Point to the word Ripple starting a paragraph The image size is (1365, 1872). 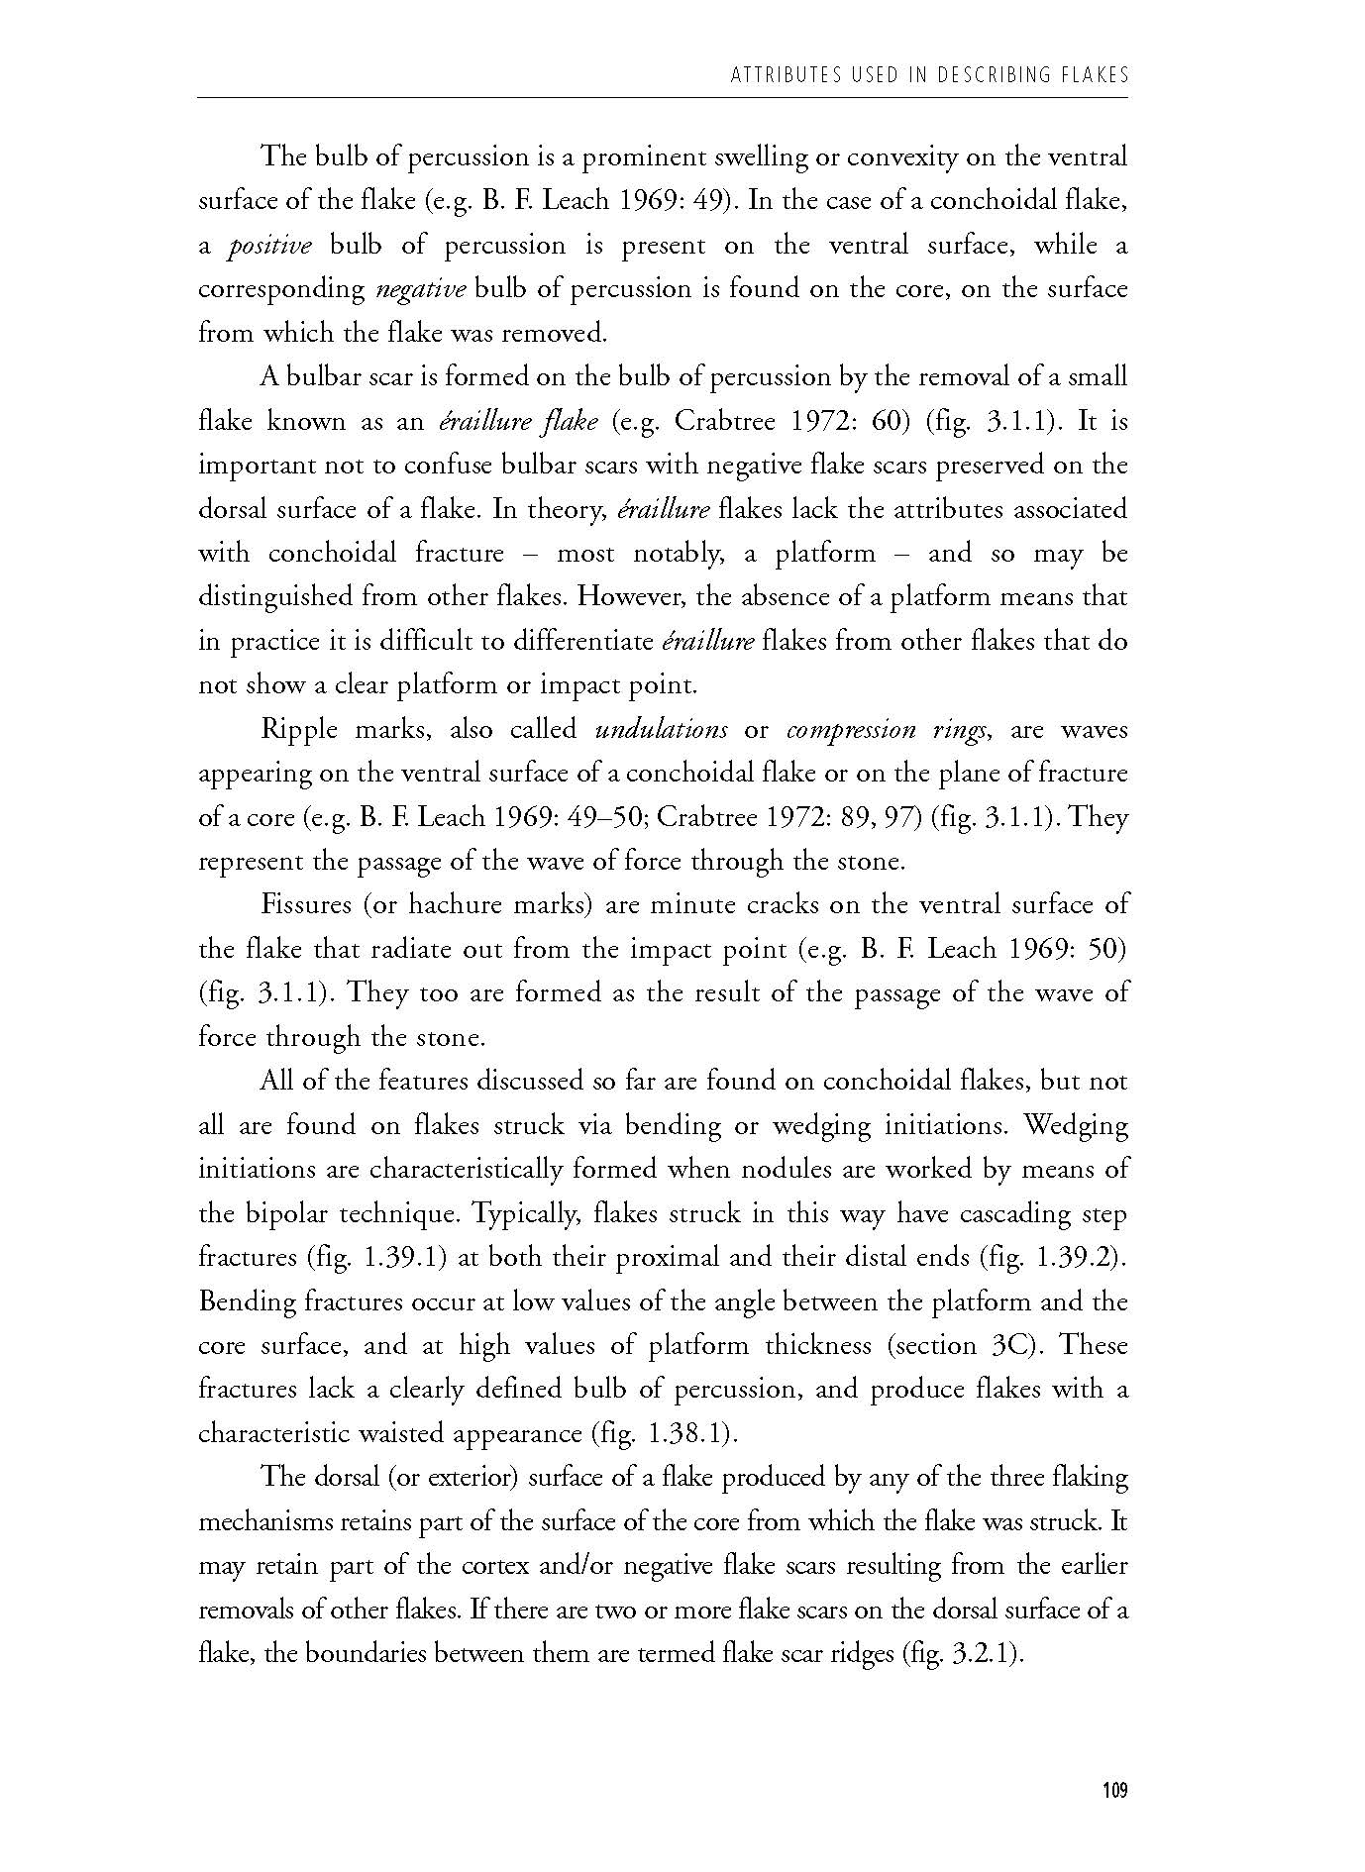[295, 730]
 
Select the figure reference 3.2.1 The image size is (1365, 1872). [981, 1654]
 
